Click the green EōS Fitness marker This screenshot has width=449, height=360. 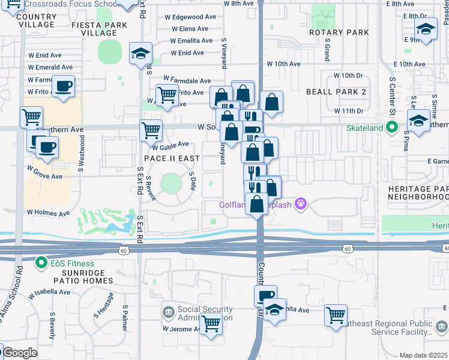click(x=41, y=263)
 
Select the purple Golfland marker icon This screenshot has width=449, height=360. click(x=301, y=205)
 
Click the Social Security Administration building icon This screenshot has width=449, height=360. click(x=168, y=313)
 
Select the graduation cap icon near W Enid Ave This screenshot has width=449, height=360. click(x=141, y=53)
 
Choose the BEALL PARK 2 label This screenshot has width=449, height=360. click(x=336, y=92)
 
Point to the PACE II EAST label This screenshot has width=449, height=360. click(x=172, y=158)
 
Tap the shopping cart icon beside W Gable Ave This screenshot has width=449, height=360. click(x=151, y=130)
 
